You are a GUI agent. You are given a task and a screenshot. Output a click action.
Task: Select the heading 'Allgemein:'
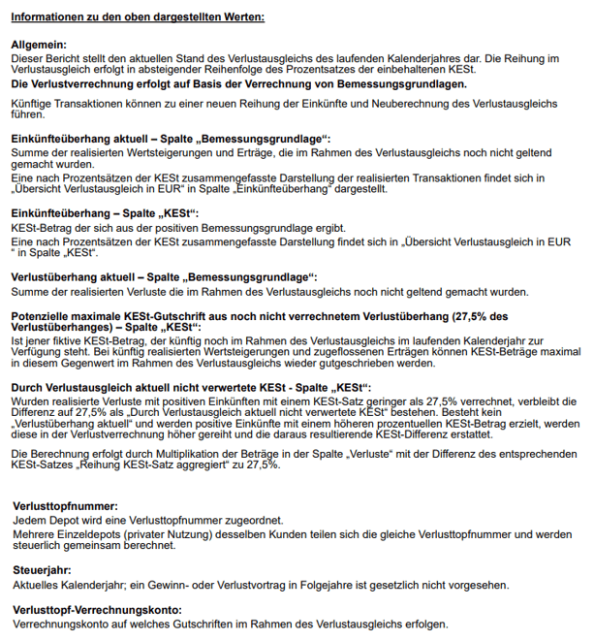pos(40,46)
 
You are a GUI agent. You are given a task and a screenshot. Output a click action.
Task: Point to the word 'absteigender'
pos(204,70)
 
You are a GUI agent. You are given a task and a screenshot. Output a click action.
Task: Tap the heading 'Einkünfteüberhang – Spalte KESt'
pos(104,212)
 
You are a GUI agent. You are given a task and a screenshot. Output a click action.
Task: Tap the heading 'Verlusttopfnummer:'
pos(65,507)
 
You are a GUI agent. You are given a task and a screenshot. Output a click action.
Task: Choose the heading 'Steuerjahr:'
pos(45,571)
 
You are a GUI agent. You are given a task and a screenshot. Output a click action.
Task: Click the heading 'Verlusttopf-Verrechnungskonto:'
pos(97,609)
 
